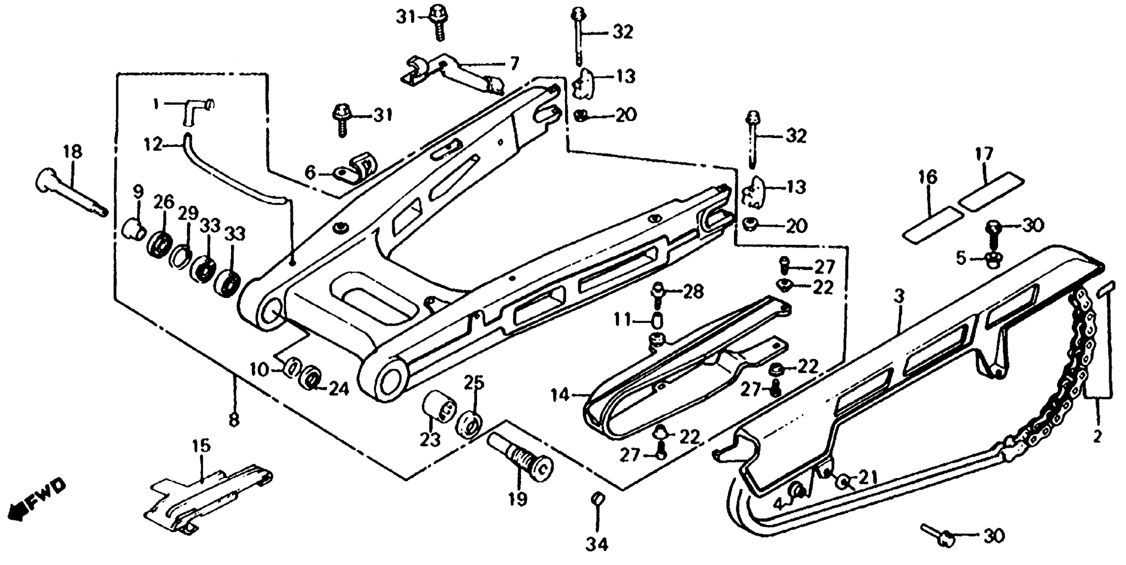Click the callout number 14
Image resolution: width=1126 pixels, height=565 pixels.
(560, 395)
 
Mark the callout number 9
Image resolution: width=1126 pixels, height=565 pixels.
(138, 191)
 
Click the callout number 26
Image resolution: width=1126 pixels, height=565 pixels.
(164, 202)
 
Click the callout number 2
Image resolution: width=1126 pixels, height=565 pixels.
(1097, 436)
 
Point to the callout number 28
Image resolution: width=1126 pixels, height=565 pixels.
(693, 291)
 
